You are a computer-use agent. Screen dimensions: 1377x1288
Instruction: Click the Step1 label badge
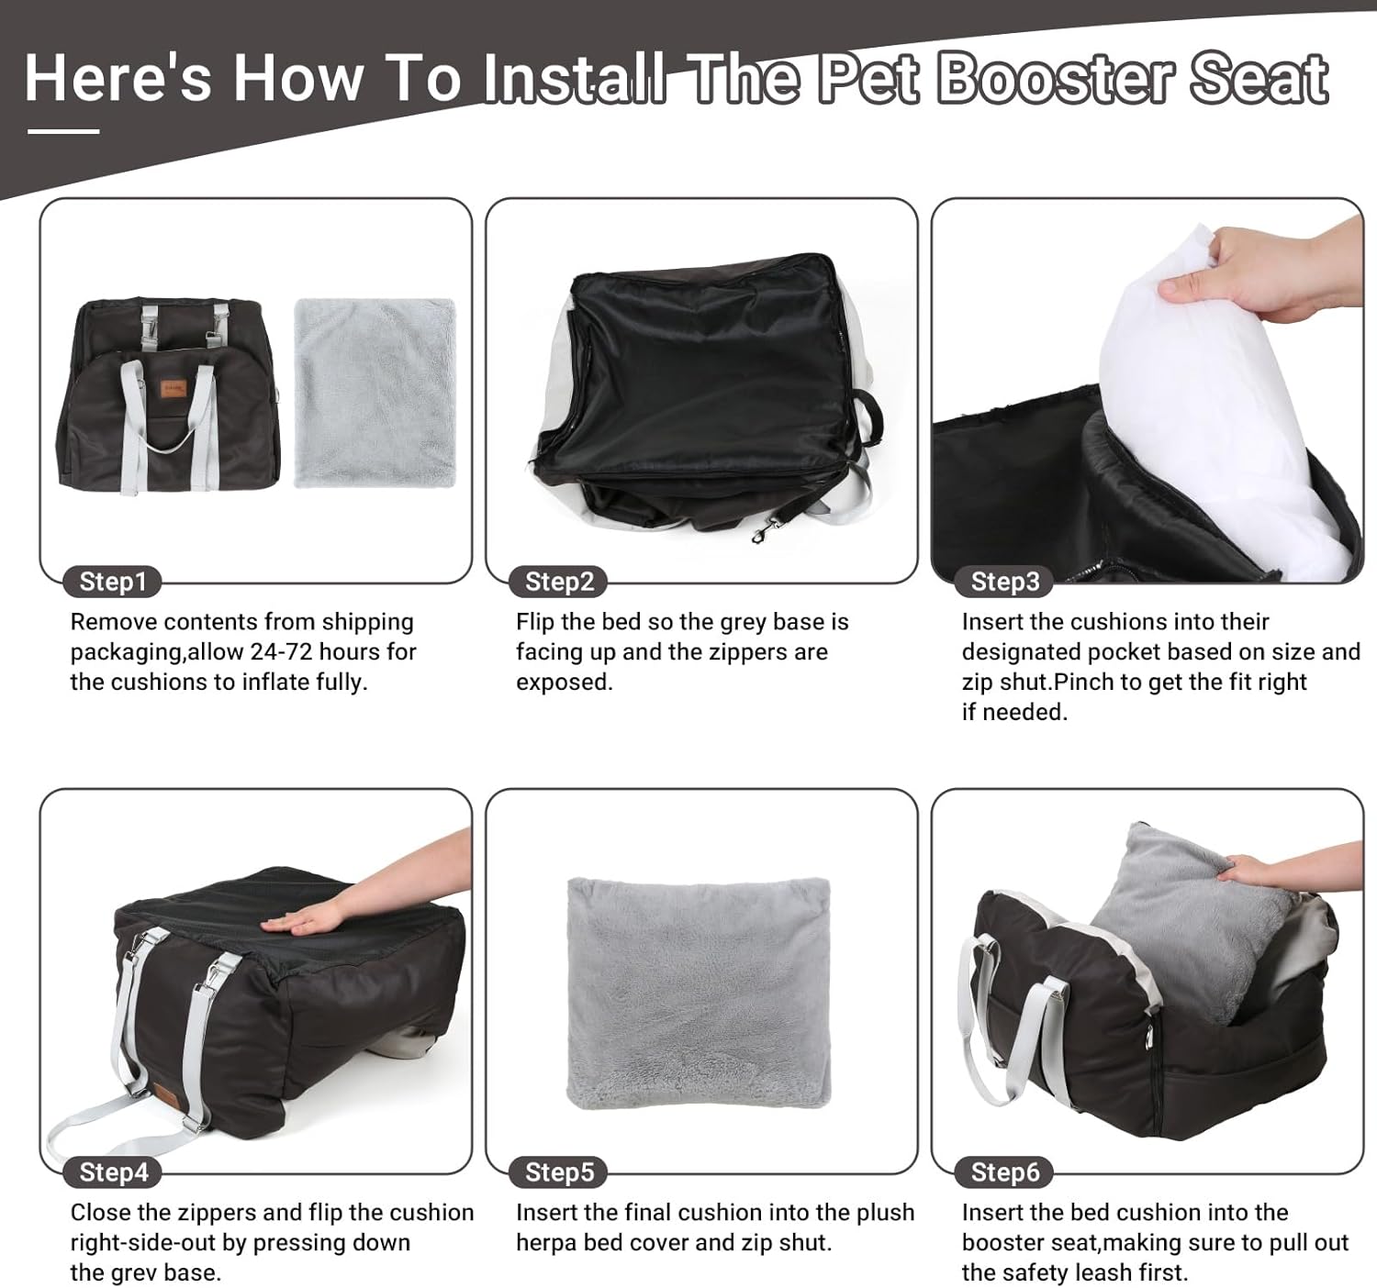[112, 582]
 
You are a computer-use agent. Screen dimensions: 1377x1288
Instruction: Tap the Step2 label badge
[559, 582]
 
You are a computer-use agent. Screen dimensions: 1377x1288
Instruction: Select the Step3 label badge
[1004, 582]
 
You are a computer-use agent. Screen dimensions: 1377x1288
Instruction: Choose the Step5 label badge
[560, 1172]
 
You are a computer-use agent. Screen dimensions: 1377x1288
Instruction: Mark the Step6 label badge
[1005, 1172]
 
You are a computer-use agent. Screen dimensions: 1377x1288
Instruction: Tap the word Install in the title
[574, 78]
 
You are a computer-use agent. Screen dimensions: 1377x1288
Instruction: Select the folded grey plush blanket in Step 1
[375, 393]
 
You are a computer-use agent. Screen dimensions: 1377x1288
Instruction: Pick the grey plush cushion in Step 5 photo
[699, 993]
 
